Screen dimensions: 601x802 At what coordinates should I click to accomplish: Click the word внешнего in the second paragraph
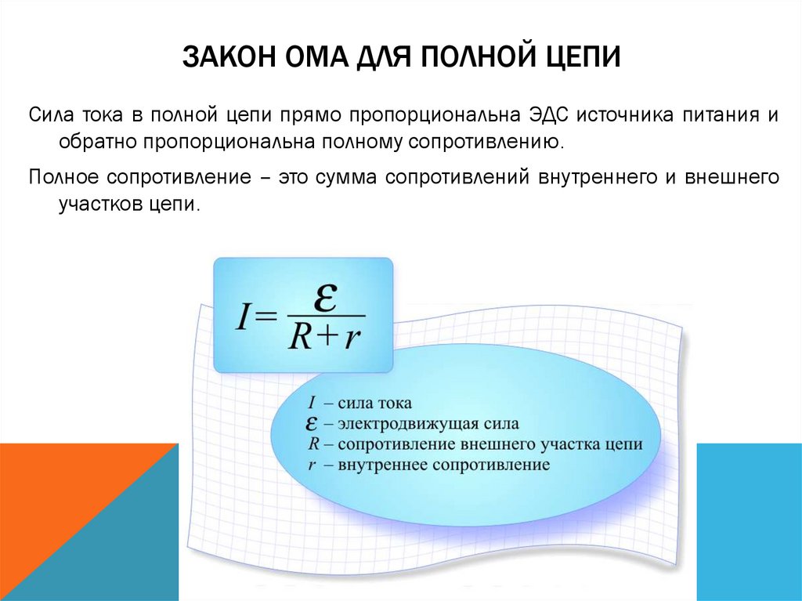[x=732, y=176]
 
